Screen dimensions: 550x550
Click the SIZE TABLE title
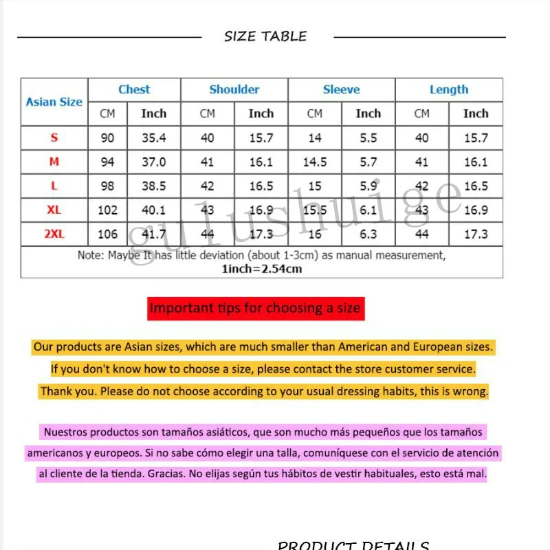click(265, 36)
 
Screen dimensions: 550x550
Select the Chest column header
click(134, 89)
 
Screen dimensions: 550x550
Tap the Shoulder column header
click(234, 89)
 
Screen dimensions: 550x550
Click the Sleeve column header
click(341, 89)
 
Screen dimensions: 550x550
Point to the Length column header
click(448, 89)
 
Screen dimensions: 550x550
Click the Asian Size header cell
click(54, 102)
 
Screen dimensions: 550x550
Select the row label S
click(54, 138)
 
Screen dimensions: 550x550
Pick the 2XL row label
click(54, 234)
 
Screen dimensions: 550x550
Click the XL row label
click(54, 210)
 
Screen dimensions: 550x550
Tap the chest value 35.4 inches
click(153, 138)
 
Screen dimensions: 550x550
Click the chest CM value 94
click(107, 162)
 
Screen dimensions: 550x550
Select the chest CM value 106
click(107, 234)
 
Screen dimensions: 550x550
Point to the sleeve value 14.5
click(314, 162)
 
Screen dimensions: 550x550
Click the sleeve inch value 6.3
click(368, 234)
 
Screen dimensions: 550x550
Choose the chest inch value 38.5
click(153, 186)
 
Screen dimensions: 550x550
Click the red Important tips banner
click(255, 308)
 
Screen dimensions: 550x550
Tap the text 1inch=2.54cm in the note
click(261, 269)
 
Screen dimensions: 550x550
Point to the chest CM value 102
click(107, 210)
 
